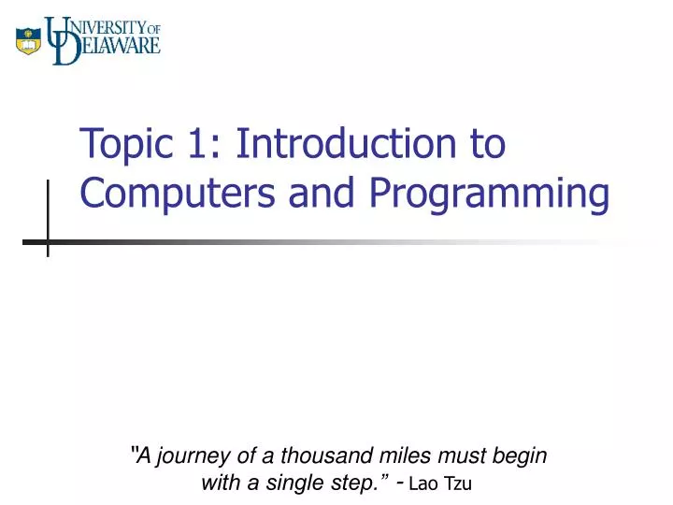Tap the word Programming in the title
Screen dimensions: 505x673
488,195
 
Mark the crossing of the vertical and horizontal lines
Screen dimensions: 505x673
48,241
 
